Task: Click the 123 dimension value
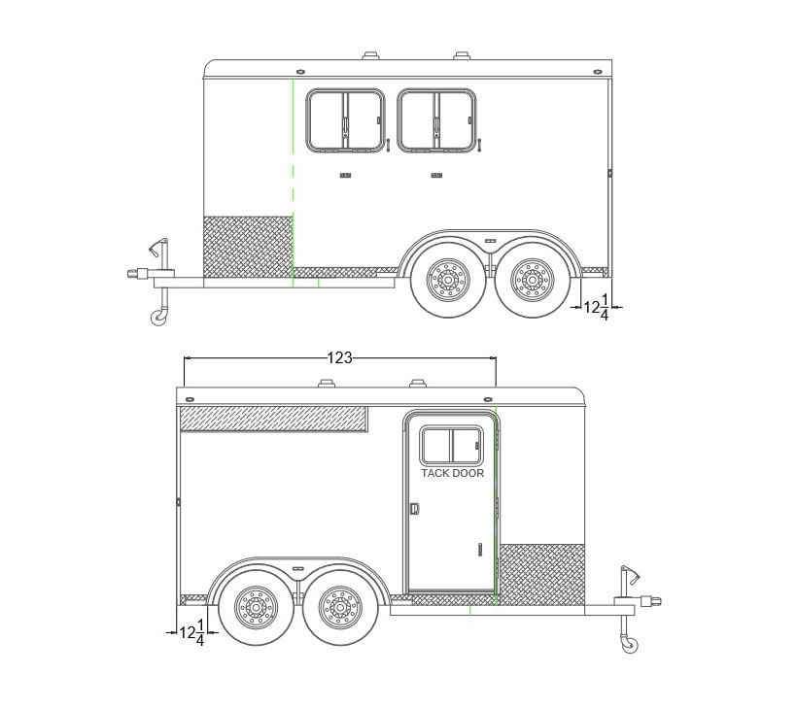pos(339,358)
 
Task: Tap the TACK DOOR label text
pos(452,473)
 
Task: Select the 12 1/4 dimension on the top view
pos(596,307)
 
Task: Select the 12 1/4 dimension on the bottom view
pos(192,632)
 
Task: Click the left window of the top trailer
pos(345,120)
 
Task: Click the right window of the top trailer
pos(436,120)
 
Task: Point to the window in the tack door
pos(451,445)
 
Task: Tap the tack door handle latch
pos(415,508)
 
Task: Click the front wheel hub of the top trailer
pos(447,280)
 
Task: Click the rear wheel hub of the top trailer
pos(534,280)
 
